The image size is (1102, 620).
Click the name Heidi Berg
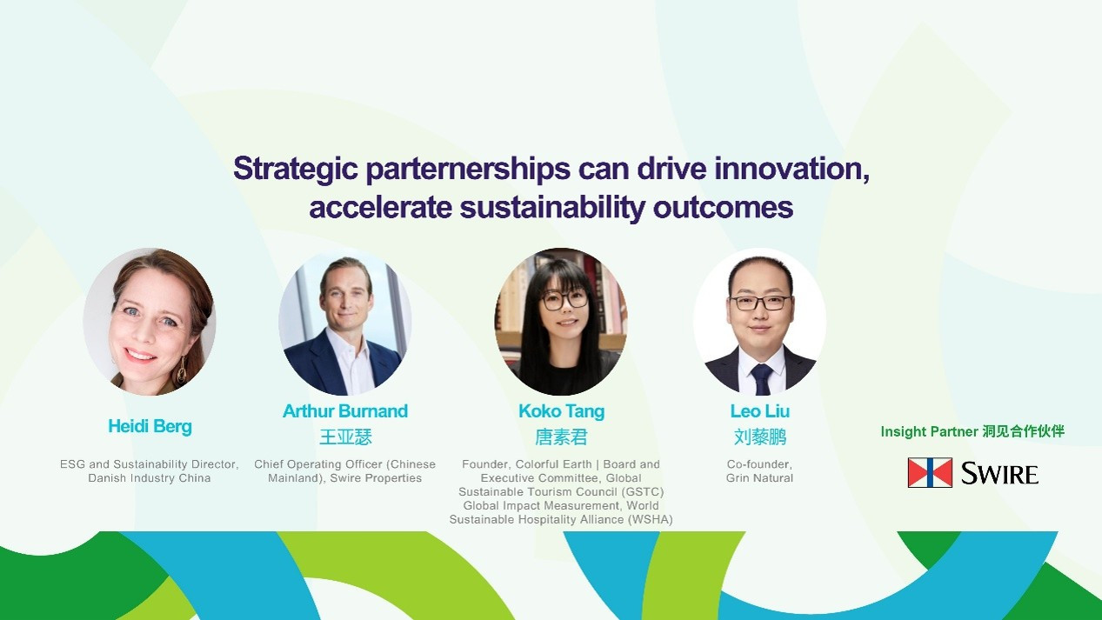click(150, 426)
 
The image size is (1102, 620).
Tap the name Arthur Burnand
click(345, 411)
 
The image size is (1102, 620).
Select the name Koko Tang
click(561, 411)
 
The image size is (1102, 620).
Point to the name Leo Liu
click(759, 411)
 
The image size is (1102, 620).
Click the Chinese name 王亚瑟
click(345, 437)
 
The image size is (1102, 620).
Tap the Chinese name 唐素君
click(561, 437)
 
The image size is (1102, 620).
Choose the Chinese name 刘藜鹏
click(760, 437)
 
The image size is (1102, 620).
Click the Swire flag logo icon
click(930, 472)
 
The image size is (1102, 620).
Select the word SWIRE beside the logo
click(999, 474)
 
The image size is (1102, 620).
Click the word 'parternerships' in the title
click(468, 170)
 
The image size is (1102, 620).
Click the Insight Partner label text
click(972, 431)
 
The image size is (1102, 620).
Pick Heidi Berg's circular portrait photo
click(150, 322)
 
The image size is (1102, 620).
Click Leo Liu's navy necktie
click(760, 379)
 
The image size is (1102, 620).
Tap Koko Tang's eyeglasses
click(564, 300)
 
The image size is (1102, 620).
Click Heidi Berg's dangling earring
click(182, 370)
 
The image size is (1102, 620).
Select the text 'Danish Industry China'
click(150, 478)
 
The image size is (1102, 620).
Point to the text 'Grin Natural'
click(759, 478)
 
